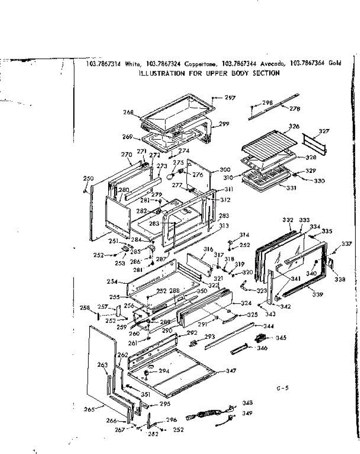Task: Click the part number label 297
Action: click(x=230, y=98)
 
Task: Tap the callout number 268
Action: click(x=129, y=112)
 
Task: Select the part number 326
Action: click(x=294, y=126)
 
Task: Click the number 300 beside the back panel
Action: click(x=225, y=170)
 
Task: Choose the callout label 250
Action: click(x=88, y=178)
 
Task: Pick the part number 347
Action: click(x=231, y=371)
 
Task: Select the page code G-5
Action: click(x=282, y=388)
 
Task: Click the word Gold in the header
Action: click(x=335, y=63)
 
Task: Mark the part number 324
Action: click(x=246, y=303)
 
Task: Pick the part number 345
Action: click(x=281, y=337)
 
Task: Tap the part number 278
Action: click(x=295, y=109)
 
